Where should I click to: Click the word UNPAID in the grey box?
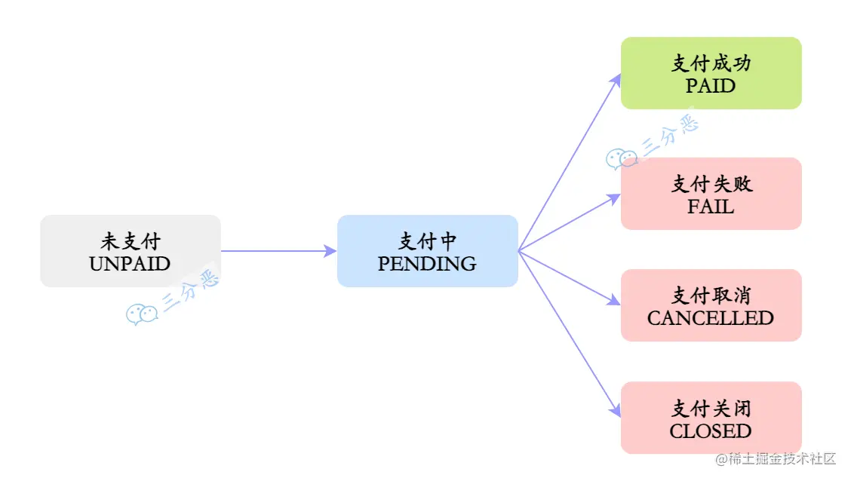tap(130, 264)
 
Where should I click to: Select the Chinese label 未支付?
tap(130, 241)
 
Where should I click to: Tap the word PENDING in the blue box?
tap(427, 264)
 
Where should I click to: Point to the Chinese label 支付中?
tap(427, 241)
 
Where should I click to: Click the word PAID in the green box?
tap(710, 86)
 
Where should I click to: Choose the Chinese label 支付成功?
tap(710, 63)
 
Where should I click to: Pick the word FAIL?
tap(710, 207)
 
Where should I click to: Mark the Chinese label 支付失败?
tap(710, 184)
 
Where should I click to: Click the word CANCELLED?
tap(710, 318)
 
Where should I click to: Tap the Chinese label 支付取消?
tap(710, 296)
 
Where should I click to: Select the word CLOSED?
tap(710, 431)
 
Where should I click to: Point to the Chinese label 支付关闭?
tap(710, 409)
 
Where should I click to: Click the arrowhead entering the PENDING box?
tap(330, 251)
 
